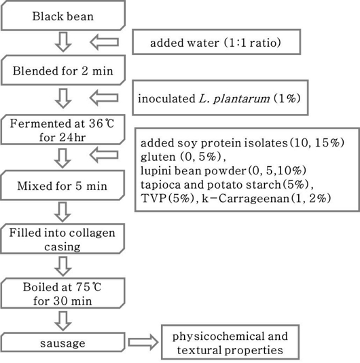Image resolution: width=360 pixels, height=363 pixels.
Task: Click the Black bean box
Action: click(x=62, y=16)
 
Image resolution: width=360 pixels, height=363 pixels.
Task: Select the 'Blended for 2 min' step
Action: click(x=62, y=70)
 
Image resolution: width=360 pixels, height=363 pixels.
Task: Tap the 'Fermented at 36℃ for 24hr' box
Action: click(x=62, y=129)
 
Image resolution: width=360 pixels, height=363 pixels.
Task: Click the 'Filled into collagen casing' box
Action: click(x=62, y=239)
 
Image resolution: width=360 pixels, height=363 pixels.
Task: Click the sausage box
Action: click(x=62, y=343)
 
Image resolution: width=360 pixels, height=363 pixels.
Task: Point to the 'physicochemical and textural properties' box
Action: click(x=230, y=343)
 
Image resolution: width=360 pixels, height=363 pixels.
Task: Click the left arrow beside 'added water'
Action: click(x=107, y=42)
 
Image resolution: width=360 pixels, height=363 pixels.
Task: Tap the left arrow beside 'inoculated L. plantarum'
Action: click(x=107, y=98)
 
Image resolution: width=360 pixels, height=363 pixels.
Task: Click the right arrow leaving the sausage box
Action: click(x=141, y=343)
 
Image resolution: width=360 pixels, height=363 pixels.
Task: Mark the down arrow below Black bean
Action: click(x=62, y=43)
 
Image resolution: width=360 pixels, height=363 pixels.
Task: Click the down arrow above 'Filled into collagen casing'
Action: click(x=62, y=211)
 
